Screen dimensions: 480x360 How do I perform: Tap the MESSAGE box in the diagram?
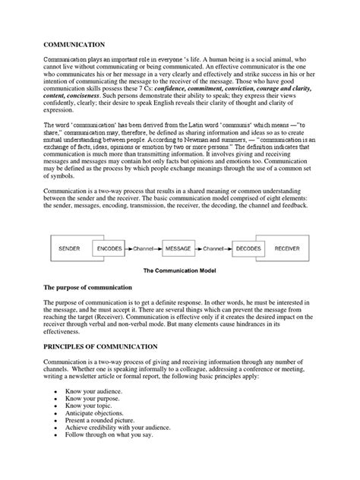pos(180,248)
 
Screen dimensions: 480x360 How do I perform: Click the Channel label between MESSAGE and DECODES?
pos(213,248)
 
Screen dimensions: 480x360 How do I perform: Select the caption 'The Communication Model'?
pos(180,270)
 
